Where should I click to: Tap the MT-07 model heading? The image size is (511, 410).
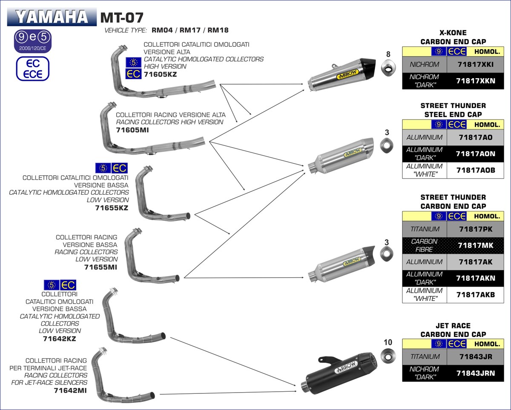click(x=122, y=17)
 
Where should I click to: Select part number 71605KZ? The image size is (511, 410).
click(x=160, y=74)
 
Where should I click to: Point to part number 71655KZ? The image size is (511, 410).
click(x=112, y=208)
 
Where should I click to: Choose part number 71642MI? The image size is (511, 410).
click(x=71, y=390)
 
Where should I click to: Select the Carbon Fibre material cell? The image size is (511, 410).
click(x=425, y=245)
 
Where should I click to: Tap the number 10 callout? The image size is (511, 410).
click(x=388, y=342)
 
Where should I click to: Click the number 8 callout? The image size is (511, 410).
click(x=388, y=54)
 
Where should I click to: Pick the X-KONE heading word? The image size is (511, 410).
click(x=453, y=33)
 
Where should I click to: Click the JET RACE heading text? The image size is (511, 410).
click(x=453, y=326)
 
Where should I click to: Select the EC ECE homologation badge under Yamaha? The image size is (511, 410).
click(x=33, y=69)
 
